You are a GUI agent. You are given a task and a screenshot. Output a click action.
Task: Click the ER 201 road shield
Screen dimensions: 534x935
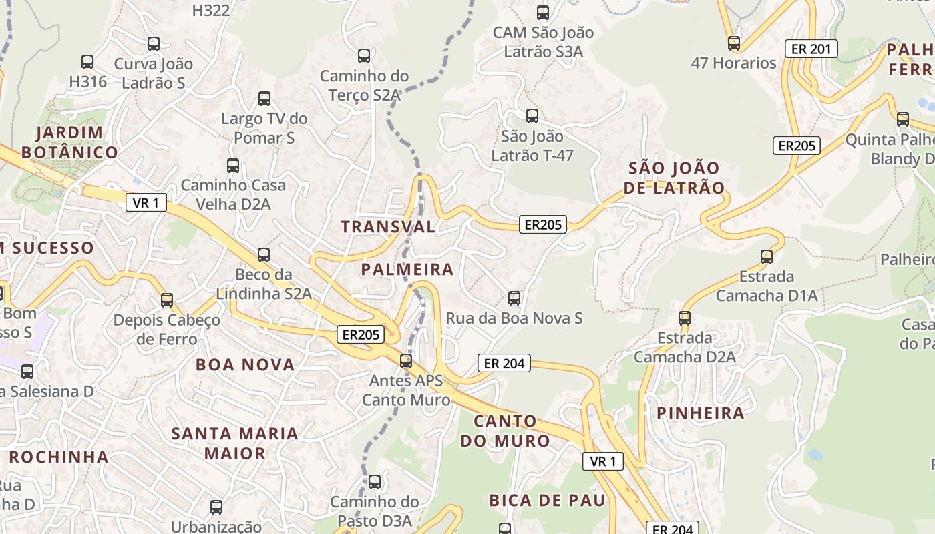[811, 49]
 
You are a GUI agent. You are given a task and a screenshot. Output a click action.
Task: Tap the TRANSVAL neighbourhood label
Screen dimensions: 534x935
[388, 226]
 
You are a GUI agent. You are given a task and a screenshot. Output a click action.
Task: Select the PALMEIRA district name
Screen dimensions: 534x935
[407, 270]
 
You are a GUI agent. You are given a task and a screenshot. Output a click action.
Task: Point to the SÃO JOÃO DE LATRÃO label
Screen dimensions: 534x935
[674, 178]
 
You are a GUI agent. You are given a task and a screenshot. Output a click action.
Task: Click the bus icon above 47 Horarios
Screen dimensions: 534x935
[734, 43]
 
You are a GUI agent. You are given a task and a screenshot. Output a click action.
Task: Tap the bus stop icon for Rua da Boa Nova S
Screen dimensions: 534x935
[514, 298]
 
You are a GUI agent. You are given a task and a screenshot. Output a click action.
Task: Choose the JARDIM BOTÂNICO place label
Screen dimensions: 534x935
[69, 142]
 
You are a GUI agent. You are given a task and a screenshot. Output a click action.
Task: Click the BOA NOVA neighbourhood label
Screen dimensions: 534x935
[245, 364]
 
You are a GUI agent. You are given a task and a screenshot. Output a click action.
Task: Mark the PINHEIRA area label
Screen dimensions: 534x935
[701, 413]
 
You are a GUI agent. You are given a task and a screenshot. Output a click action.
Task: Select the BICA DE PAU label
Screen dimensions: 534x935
[547, 500]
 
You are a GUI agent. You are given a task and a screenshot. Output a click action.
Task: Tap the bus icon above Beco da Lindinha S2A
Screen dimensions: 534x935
[264, 255]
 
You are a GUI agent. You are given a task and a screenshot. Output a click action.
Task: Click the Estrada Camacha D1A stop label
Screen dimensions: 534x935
[767, 286]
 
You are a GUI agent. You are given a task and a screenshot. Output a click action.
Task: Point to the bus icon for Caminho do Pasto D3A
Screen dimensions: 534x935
[375, 482]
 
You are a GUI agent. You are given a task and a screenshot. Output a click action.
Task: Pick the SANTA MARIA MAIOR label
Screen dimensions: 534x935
[234, 443]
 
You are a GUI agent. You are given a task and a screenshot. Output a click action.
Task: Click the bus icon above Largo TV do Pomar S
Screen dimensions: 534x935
[264, 99]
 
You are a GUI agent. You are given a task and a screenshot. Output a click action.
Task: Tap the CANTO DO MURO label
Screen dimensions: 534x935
[505, 431]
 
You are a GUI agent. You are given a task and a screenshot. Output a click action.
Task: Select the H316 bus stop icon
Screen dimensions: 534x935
[87, 62]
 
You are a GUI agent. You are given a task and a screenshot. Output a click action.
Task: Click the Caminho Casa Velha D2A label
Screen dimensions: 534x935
[233, 194]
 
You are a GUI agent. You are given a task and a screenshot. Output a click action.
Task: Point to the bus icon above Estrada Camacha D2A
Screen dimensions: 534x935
[685, 318]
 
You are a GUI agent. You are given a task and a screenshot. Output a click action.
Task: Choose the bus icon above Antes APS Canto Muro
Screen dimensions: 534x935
[406, 362]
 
